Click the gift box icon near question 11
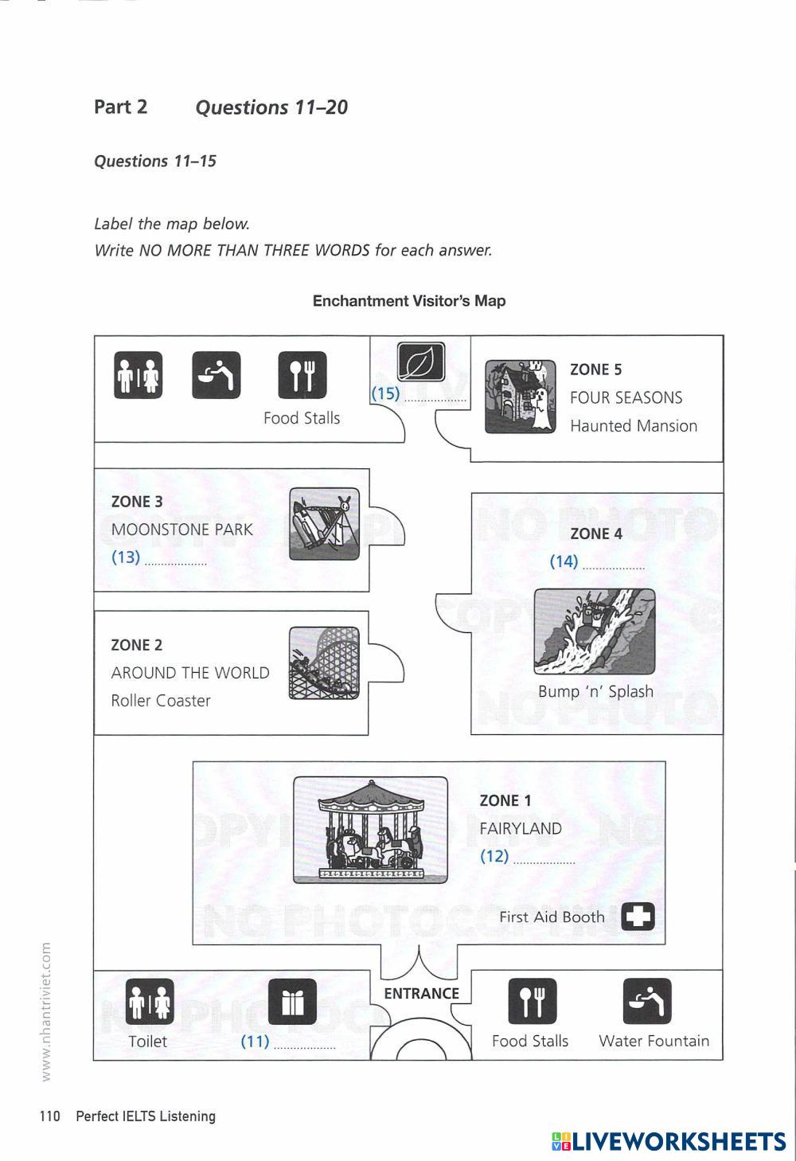tap(292, 1002)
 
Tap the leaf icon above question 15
tap(421, 362)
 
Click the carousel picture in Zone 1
tap(370, 829)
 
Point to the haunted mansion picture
tap(521, 397)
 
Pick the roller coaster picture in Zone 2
tap(324, 663)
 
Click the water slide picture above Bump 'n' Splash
tap(595, 631)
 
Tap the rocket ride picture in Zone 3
tap(324, 523)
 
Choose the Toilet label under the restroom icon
tap(148, 1041)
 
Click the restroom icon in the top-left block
tap(138, 375)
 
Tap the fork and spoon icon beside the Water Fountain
tap(533, 1002)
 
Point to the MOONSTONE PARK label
tap(182, 530)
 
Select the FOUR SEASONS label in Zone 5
tap(626, 397)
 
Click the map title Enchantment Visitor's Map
tap(409, 301)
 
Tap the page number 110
tap(49, 1116)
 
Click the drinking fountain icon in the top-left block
tap(216, 375)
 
